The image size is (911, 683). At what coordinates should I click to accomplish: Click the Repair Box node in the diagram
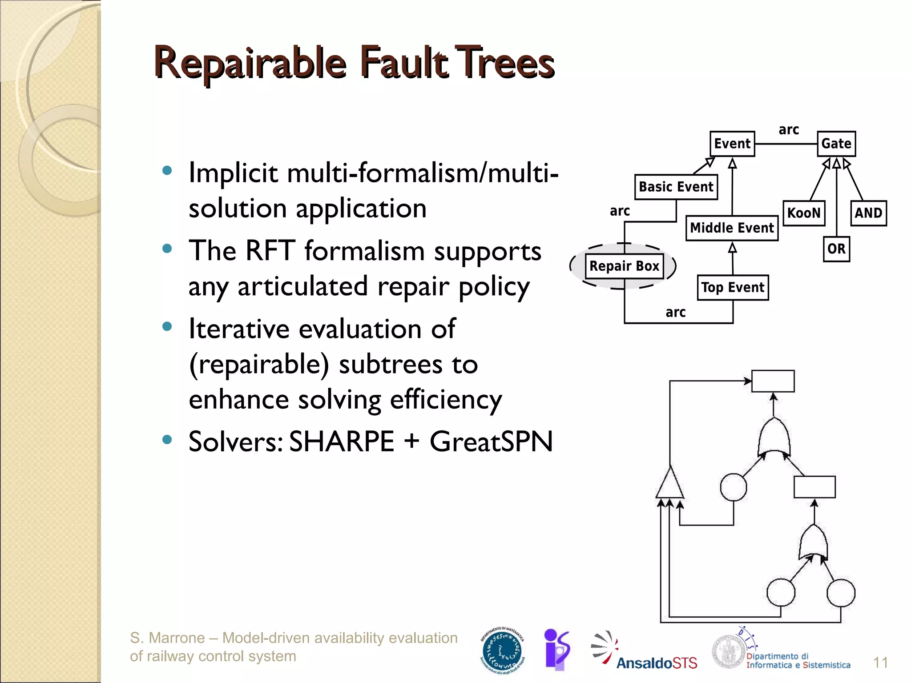[624, 266]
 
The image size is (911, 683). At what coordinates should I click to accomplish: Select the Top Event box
[733, 288]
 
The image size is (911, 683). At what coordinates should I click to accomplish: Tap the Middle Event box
[732, 228]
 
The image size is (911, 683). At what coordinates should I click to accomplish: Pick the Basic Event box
[676, 187]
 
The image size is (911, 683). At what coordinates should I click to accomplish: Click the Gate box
[836, 144]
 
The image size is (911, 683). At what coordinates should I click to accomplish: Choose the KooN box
[803, 213]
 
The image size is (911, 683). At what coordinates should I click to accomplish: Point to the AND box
[868, 213]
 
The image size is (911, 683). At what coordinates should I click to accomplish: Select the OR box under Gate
[836, 249]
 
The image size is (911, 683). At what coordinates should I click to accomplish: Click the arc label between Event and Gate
[789, 130]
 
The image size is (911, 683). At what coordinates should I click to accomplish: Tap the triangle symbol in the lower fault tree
[670, 485]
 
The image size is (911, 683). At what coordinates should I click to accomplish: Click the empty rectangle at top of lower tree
[773, 381]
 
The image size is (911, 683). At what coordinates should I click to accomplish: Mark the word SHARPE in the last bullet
[342, 442]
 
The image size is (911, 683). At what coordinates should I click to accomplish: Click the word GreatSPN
[491, 442]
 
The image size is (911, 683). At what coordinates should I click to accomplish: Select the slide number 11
[880, 663]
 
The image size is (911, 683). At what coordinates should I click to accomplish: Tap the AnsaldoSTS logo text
[657, 663]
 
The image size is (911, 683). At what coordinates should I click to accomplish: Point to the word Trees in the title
[506, 64]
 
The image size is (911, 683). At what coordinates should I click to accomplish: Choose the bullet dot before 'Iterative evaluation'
[167, 327]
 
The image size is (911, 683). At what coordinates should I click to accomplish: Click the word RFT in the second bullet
[270, 251]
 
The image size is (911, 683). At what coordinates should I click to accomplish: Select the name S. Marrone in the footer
[167, 638]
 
